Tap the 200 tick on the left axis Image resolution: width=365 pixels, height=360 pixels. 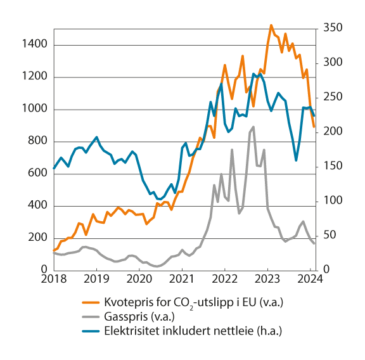[37, 238]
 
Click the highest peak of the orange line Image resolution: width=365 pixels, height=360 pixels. [271, 25]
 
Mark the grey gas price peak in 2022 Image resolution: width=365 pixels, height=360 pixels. [253, 127]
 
